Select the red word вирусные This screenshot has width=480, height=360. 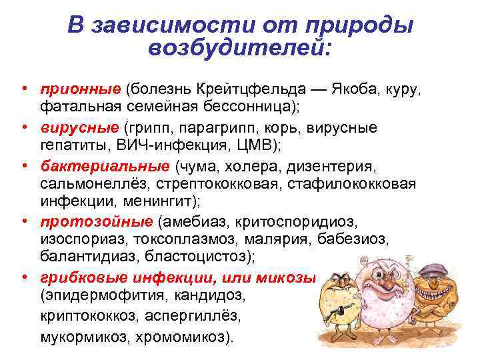coord(79,127)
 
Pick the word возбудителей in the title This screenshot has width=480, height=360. coord(239,48)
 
